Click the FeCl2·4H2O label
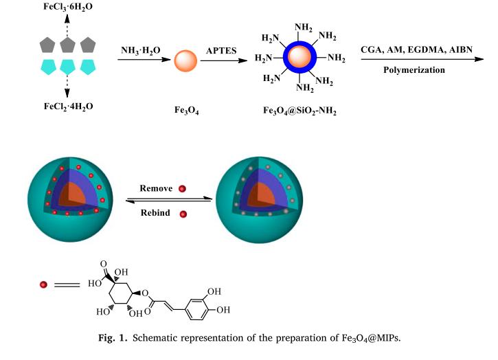pos(68,106)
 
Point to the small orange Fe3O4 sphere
pos(186,61)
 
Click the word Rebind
pos(156,213)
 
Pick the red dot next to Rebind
pos(183,214)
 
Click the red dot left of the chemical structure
pos(43,284)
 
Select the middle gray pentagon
pos(68,45)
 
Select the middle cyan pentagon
pos(68,67)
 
